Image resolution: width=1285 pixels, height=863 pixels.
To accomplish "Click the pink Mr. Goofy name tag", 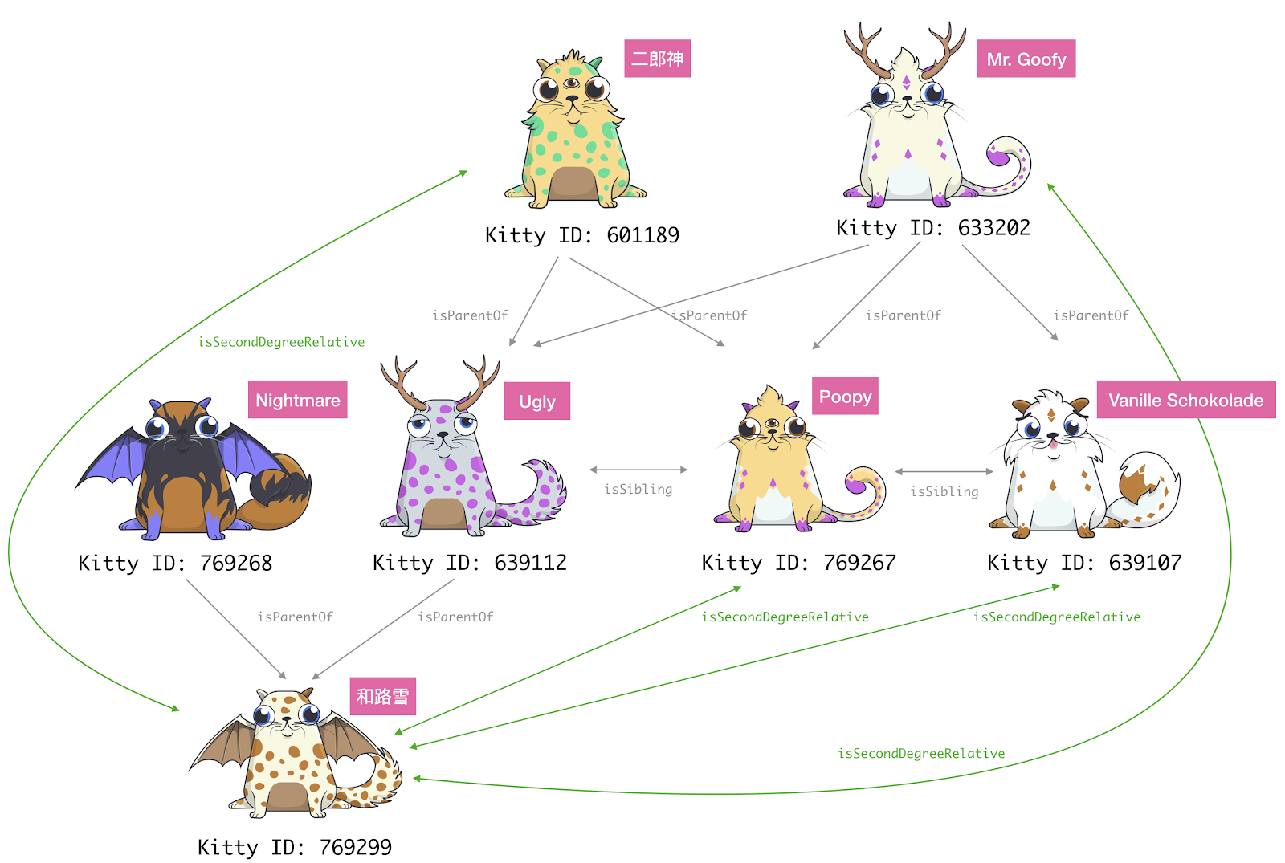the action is [1026, 59].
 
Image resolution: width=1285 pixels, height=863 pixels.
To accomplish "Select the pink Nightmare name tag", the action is [297, 400].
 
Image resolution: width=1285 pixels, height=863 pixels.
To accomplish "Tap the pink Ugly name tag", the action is [536, 401].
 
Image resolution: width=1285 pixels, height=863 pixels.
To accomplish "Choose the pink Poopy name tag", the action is [845, 397].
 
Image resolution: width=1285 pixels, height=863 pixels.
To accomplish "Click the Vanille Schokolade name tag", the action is [1185, 400].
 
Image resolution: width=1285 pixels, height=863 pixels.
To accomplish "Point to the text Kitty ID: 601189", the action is [581, 235].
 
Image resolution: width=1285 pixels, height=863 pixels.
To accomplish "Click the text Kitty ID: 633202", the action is [932, 228].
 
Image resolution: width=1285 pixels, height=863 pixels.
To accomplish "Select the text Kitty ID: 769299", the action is [294, 847].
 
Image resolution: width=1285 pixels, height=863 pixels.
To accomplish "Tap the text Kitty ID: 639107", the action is [1083, 563].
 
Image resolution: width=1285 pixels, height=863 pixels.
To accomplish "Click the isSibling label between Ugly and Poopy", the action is [638, 489].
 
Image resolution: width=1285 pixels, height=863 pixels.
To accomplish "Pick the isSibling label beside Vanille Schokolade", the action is [944, 491].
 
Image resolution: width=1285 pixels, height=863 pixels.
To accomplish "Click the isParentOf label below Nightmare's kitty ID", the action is [295, 617].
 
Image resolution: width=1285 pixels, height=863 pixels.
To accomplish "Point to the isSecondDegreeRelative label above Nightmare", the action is [281, 342].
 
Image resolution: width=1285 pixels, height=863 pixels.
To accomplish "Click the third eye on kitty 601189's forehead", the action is [572, 83].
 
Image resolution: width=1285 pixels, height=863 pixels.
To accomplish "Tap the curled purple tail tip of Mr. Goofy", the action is [997, 157].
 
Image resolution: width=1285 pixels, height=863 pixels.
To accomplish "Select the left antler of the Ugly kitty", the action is [398, 379].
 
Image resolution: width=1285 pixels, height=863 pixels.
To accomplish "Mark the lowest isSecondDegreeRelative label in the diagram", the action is [921, 753].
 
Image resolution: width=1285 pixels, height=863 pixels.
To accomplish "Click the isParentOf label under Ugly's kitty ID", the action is [455, 617].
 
